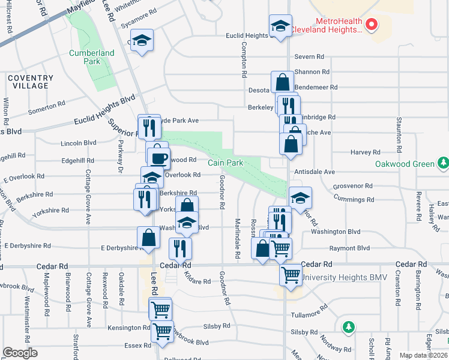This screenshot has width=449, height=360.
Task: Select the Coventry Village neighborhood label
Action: tap(31, 82)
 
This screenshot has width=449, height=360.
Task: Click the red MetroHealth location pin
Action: tap(372, 25)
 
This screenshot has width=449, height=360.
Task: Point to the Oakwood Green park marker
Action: tap(443, 163)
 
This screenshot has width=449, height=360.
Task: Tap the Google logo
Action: tap(20, 353)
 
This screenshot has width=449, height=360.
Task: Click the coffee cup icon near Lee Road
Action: tap(159, 158)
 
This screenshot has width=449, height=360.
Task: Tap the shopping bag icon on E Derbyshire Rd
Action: tap(148, 238)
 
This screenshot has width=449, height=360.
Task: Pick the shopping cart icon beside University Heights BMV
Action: tap(291, 275)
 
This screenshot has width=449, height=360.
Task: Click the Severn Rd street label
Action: tap(309, 57)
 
